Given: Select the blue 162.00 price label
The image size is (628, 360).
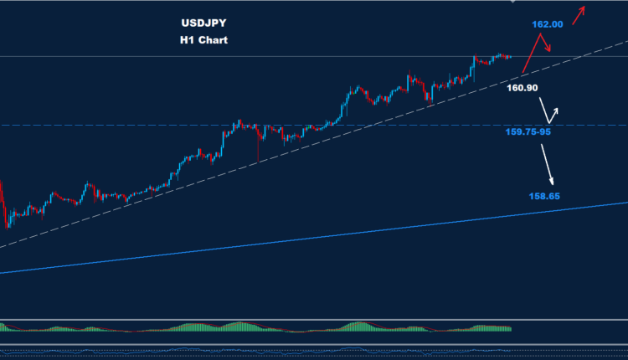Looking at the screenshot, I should (x=546, y=24).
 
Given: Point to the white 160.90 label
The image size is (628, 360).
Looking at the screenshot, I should (x=522, y=87).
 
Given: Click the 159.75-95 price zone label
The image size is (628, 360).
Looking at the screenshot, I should (x=528, y=131).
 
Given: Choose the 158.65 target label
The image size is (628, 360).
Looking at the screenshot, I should (x=543, y=196).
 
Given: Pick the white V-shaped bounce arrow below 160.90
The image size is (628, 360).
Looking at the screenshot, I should (x=548, y=111).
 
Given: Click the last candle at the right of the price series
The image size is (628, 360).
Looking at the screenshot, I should (x=510, y=57).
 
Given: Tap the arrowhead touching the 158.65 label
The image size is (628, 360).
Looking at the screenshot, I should (x=552, y=183).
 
